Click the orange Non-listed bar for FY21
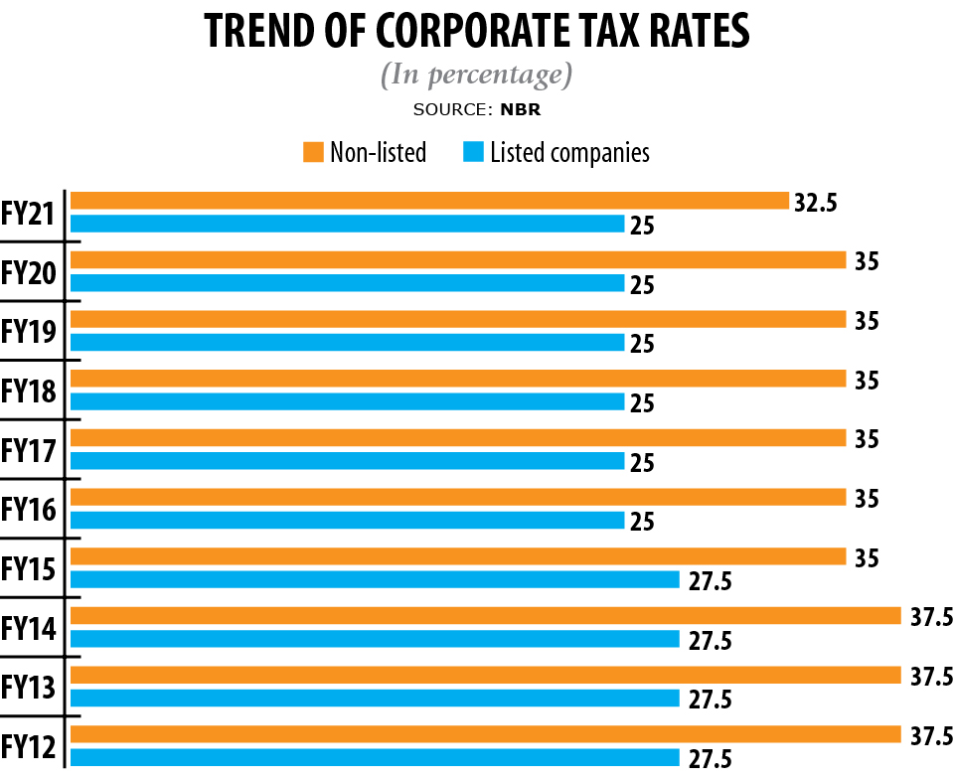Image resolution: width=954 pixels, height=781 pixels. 429,201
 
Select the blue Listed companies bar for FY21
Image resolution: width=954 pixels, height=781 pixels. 348,224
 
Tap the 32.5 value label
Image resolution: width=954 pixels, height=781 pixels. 816,202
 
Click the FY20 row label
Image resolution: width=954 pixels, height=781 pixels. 28,272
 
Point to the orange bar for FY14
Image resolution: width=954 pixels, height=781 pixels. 485,616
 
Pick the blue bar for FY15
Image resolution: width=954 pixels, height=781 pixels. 375,580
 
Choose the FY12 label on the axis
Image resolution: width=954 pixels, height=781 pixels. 28,745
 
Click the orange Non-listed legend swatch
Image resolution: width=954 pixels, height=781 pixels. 314,152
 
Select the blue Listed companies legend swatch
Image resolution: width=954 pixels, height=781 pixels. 473,152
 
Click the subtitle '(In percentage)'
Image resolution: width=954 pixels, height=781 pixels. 476,75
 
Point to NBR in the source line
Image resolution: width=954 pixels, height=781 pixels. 521,109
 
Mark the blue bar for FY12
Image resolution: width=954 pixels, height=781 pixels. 375,758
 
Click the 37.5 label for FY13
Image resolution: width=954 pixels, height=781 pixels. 932,676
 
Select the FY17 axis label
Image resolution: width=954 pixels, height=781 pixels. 28,450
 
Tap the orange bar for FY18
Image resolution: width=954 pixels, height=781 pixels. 458,379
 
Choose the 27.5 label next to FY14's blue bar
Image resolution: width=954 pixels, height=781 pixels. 710,640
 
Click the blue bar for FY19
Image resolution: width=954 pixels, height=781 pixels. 348,343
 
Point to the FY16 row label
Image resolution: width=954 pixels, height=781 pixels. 28,509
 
